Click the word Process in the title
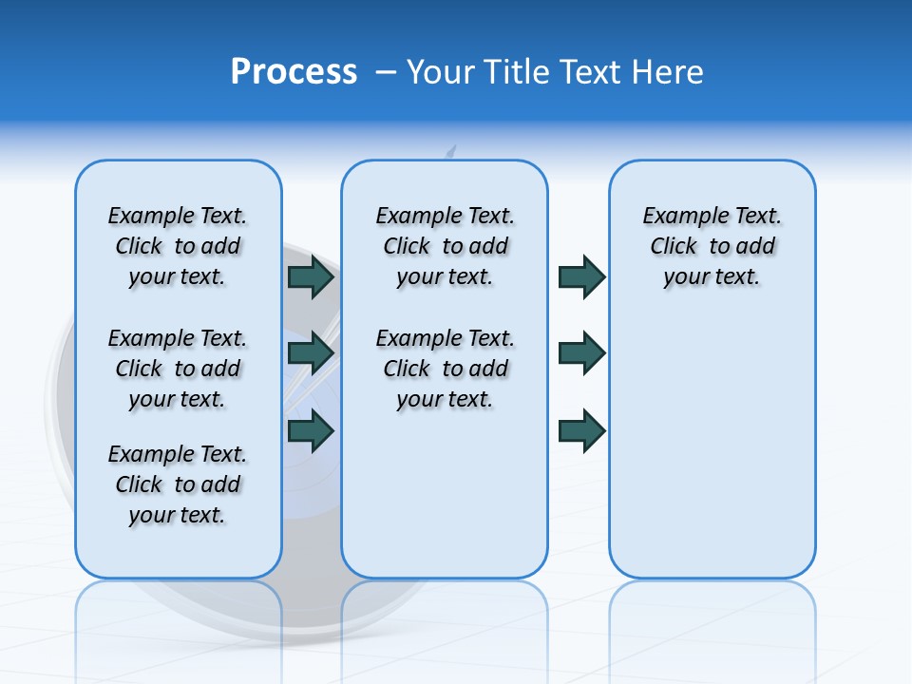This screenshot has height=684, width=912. (294, 71)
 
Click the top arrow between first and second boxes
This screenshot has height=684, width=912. (311, 277)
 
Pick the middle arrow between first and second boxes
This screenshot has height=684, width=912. (311, 353)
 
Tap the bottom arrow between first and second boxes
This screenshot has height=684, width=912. (311, 430)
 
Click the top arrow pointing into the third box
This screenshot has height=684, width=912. (581, 277)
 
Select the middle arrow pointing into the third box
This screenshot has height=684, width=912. (581, 353)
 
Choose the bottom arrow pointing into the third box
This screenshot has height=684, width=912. (581, 430)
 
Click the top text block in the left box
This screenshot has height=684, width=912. (178, 246)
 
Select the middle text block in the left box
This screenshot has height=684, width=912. (178, 369)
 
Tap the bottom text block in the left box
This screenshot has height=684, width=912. (178, 484)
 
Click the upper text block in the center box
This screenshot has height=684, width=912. (445, 246)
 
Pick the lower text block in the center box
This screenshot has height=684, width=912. (445, 369)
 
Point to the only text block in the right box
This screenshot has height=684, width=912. (712, 246)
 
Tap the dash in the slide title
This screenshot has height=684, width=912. (386, 71)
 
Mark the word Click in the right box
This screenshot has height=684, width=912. (674, 247)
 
